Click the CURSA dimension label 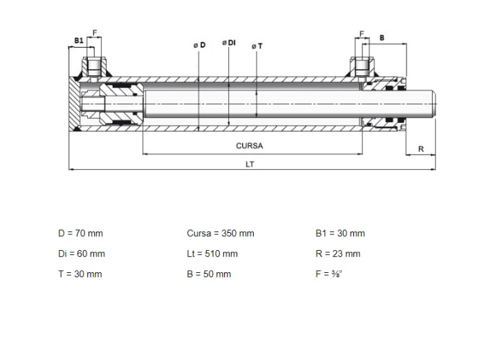point(250,146)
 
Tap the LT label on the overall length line point(250,164)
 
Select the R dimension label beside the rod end point(421,149)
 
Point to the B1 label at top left point(79,41)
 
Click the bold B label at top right point(382,38)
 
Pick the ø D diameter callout point(199,45)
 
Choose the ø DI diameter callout point(229,43)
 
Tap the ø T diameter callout point(257,46)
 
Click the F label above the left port point(95,32)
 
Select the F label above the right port point(362,33)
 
